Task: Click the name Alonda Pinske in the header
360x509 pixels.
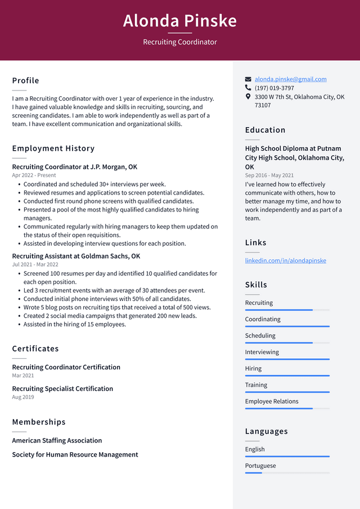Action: pyautogui.click(x=180, y=21)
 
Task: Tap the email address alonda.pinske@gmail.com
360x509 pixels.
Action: pyautogui.click(x=290, y=79)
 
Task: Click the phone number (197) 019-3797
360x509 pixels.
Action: pyautogui.click(x=274, y=88)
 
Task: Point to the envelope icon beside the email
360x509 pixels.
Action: pyautogui.click(x=248, y=79)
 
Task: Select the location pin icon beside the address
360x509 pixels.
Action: pyautogui.click(x=248, y=97)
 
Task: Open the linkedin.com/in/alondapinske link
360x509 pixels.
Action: pyautogui.click(x=285, y=260)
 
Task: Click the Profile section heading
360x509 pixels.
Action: pyautogui.click(x=26, y=80)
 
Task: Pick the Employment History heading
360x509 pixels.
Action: pyautogui.click(x=53, y=148)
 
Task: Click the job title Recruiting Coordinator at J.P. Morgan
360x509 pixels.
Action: pyautogui.click(x=74, y=167)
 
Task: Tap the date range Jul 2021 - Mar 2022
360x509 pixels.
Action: pyautogui.click(x=35, y=264)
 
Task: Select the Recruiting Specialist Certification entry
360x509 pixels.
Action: pyautogui.click(x=62, y=389)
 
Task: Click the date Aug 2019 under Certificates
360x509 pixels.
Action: pyautogui.click(x=23, y=397)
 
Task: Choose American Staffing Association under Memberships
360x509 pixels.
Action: pyautogui.click(x=57, y=440)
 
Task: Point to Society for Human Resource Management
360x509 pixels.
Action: pyautogui.click(x=75, y=454)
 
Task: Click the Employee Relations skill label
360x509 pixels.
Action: pyautogui.click(x=272, y=402)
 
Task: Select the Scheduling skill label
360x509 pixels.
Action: pyautogui.click(x=260, y=336)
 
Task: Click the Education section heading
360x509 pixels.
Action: pyautogui.click(x=265, y=130)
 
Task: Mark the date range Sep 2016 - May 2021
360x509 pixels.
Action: pyautogui.click(x=269, y=175)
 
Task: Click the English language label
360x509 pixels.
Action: pyautogui.click(x=255, y=449)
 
